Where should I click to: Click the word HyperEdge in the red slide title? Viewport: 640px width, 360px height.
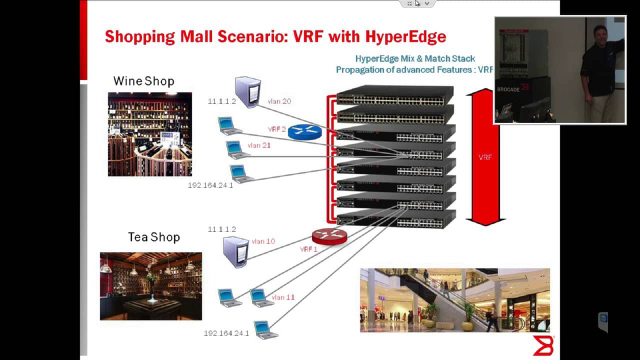click(405, 36)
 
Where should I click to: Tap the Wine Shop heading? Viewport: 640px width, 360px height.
click(143, 81)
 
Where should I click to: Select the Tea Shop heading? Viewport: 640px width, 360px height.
click(153, 237)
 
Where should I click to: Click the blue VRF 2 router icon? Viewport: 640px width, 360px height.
click(304, 131)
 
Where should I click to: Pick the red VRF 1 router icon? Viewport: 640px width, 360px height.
click(329, 236)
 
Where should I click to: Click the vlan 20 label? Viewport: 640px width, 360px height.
click(279, 101)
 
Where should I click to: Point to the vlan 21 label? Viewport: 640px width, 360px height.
click(259, 145)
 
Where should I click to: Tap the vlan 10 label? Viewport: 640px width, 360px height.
click(263, 241)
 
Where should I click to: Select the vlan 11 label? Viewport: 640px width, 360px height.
click(283, 297)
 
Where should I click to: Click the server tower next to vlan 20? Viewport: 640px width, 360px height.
click(247, 91)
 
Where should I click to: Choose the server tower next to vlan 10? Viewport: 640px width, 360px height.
click(235, 252)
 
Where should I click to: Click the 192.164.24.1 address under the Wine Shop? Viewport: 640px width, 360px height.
click(210, 185)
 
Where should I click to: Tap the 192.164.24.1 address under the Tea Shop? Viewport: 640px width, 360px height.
click(226, 333)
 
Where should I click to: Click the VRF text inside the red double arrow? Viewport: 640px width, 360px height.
click(485, 157)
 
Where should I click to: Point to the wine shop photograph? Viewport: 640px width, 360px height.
click(149, 134)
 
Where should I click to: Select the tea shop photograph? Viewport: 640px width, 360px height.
click(150, 286)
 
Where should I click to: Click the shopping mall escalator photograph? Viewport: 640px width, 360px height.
click(454, 300)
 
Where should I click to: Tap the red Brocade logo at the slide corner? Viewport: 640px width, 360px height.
click(543, 345)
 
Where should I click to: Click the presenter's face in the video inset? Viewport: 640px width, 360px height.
click(600, 35)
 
